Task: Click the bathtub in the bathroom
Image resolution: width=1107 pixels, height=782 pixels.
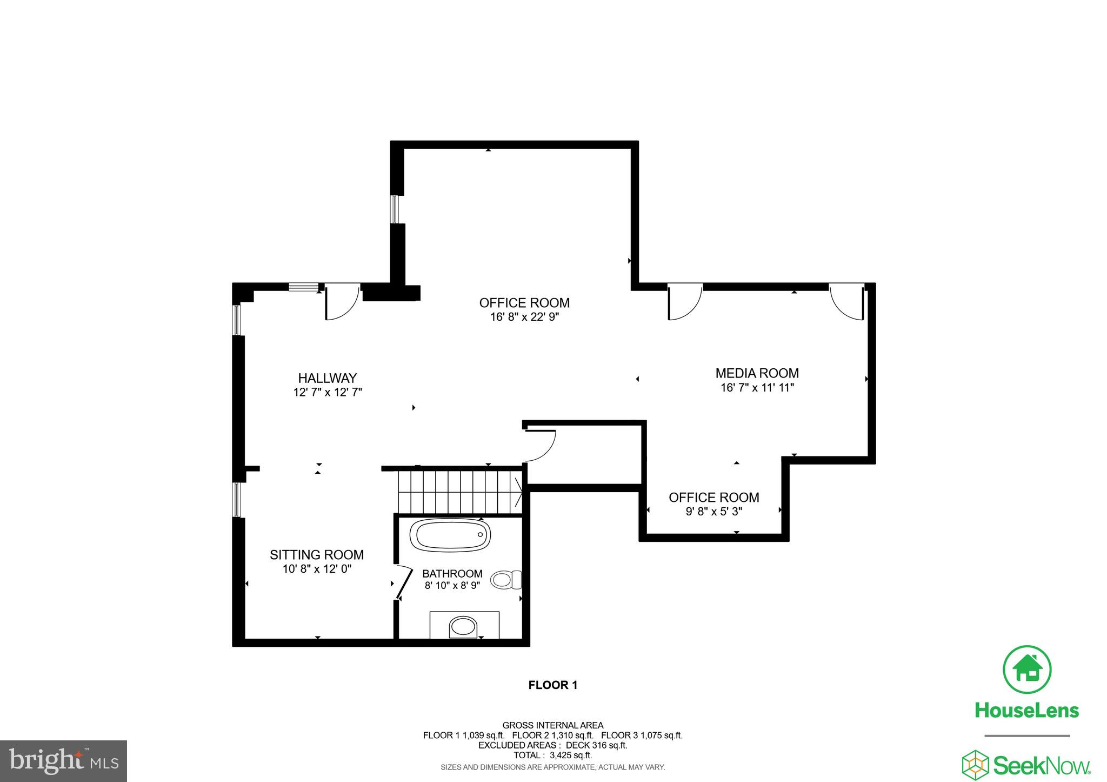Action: (450, 535)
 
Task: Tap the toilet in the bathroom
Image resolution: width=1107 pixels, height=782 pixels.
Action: (506, 580)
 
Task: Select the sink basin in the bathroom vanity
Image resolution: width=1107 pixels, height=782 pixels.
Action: (463, 627)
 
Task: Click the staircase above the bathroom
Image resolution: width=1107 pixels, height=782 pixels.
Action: (460, 492)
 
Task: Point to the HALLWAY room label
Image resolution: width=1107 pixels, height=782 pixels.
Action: (328, 378)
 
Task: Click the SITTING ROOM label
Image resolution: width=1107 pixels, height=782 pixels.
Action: (317, 555)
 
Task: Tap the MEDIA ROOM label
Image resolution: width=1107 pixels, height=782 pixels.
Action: (757, 373)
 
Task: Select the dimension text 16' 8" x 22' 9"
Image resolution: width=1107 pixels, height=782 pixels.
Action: (524, 317)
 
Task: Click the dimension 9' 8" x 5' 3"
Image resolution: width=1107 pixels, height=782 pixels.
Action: (713, 512)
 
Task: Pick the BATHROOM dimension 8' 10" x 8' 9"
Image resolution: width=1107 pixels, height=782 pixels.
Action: (452, 586)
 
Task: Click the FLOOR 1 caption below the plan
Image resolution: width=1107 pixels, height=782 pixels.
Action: (553, 685)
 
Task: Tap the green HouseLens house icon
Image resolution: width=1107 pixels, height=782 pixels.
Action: (1027, 670)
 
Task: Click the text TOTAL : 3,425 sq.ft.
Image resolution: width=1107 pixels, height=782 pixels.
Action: (552, 756)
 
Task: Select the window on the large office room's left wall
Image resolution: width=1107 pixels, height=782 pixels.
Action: (395, 209)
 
